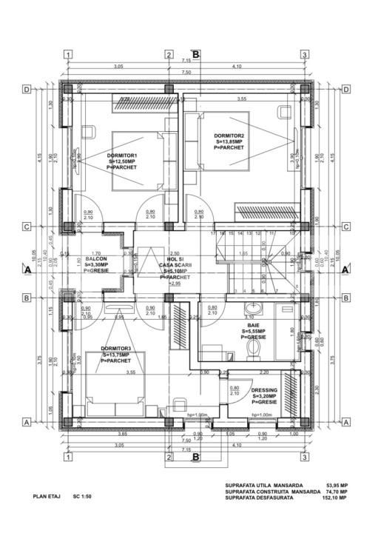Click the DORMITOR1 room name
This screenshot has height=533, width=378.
122,155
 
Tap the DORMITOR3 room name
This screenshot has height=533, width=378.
118,349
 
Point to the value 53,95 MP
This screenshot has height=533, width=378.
338,486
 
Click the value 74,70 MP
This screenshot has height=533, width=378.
338,492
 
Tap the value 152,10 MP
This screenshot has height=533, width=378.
337,497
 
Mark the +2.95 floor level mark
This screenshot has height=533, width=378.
175,284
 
